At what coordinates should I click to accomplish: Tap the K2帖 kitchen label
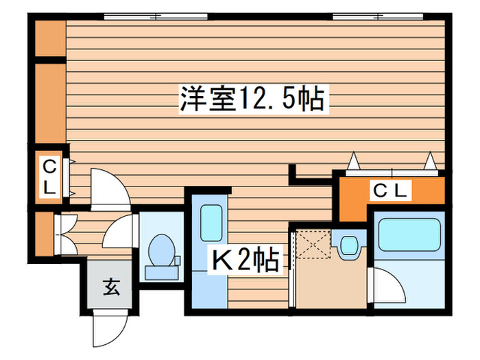(244, 260)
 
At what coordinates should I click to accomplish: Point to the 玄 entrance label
(111, 288)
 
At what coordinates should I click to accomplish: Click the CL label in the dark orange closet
(391, 190)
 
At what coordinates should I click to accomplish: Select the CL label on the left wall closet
(49, 176)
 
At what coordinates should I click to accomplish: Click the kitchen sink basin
(210, 221)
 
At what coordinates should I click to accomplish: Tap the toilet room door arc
(123, 233)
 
